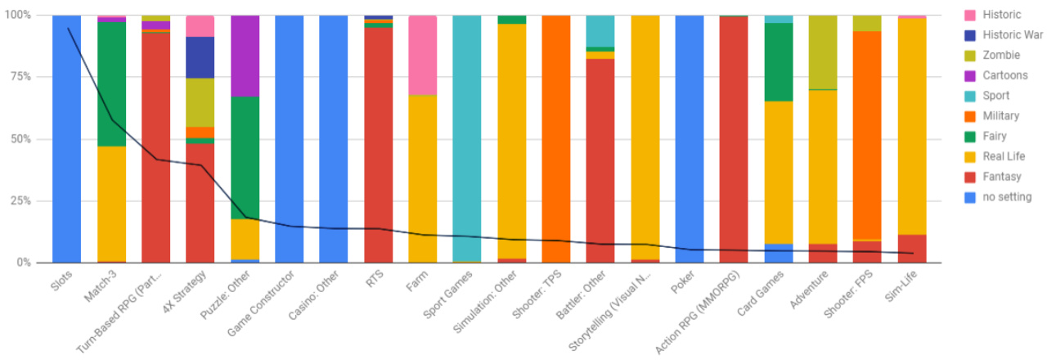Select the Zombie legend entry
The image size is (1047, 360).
(x=995, y=55)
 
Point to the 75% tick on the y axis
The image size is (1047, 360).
(x=19, y=77)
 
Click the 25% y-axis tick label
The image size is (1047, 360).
(x=19, y=201)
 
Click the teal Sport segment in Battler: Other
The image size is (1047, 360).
(x=600, y=31)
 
